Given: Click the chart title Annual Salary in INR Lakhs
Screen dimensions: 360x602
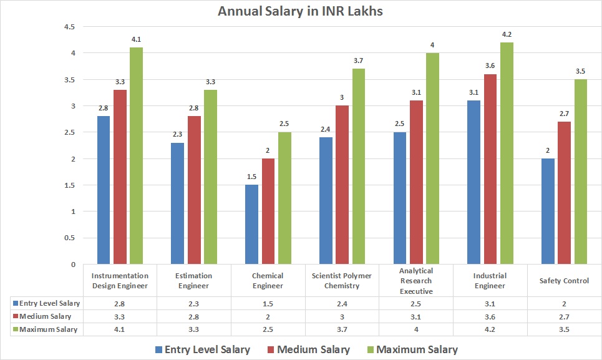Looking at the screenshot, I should click(x=301, y=12).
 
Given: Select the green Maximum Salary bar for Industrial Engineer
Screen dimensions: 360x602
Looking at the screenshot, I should click(x=506, y=153).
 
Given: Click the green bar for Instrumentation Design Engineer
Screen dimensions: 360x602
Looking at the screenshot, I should click(x=136, y=155).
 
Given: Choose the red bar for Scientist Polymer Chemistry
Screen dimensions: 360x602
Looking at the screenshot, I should click(x=342, y=185).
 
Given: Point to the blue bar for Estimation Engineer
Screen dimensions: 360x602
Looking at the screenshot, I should click(x=178, y=203).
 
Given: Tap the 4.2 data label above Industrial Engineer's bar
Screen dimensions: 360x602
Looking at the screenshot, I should click(x=506, y=34).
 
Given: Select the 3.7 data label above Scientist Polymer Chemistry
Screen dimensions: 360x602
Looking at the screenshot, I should click(x=358, y=61).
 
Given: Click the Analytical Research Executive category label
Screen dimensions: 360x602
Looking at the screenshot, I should click(x=416, y=281).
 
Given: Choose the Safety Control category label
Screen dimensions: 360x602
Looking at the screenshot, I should click(x=564, y=281).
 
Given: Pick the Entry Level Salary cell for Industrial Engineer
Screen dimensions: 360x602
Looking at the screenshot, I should click(x=490, y=303).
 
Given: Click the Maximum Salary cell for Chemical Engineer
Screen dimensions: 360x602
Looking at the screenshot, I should click(x=268, y=329).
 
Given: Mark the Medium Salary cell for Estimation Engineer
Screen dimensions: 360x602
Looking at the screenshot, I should click(x=194, y=316).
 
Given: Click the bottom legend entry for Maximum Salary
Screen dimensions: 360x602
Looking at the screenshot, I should click(x=415, y=349).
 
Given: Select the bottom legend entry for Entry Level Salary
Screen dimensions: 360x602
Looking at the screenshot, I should click(x=202, y=349).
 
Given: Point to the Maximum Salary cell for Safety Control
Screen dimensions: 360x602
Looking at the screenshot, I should click(x=564, y=329).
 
